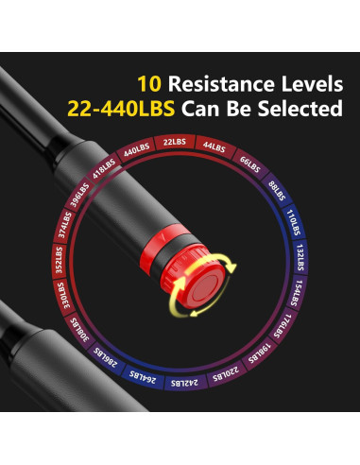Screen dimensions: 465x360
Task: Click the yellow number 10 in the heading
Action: point(151,82)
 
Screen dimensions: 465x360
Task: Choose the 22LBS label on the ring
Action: point(174,143)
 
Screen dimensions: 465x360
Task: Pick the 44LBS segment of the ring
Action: point(212,148)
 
